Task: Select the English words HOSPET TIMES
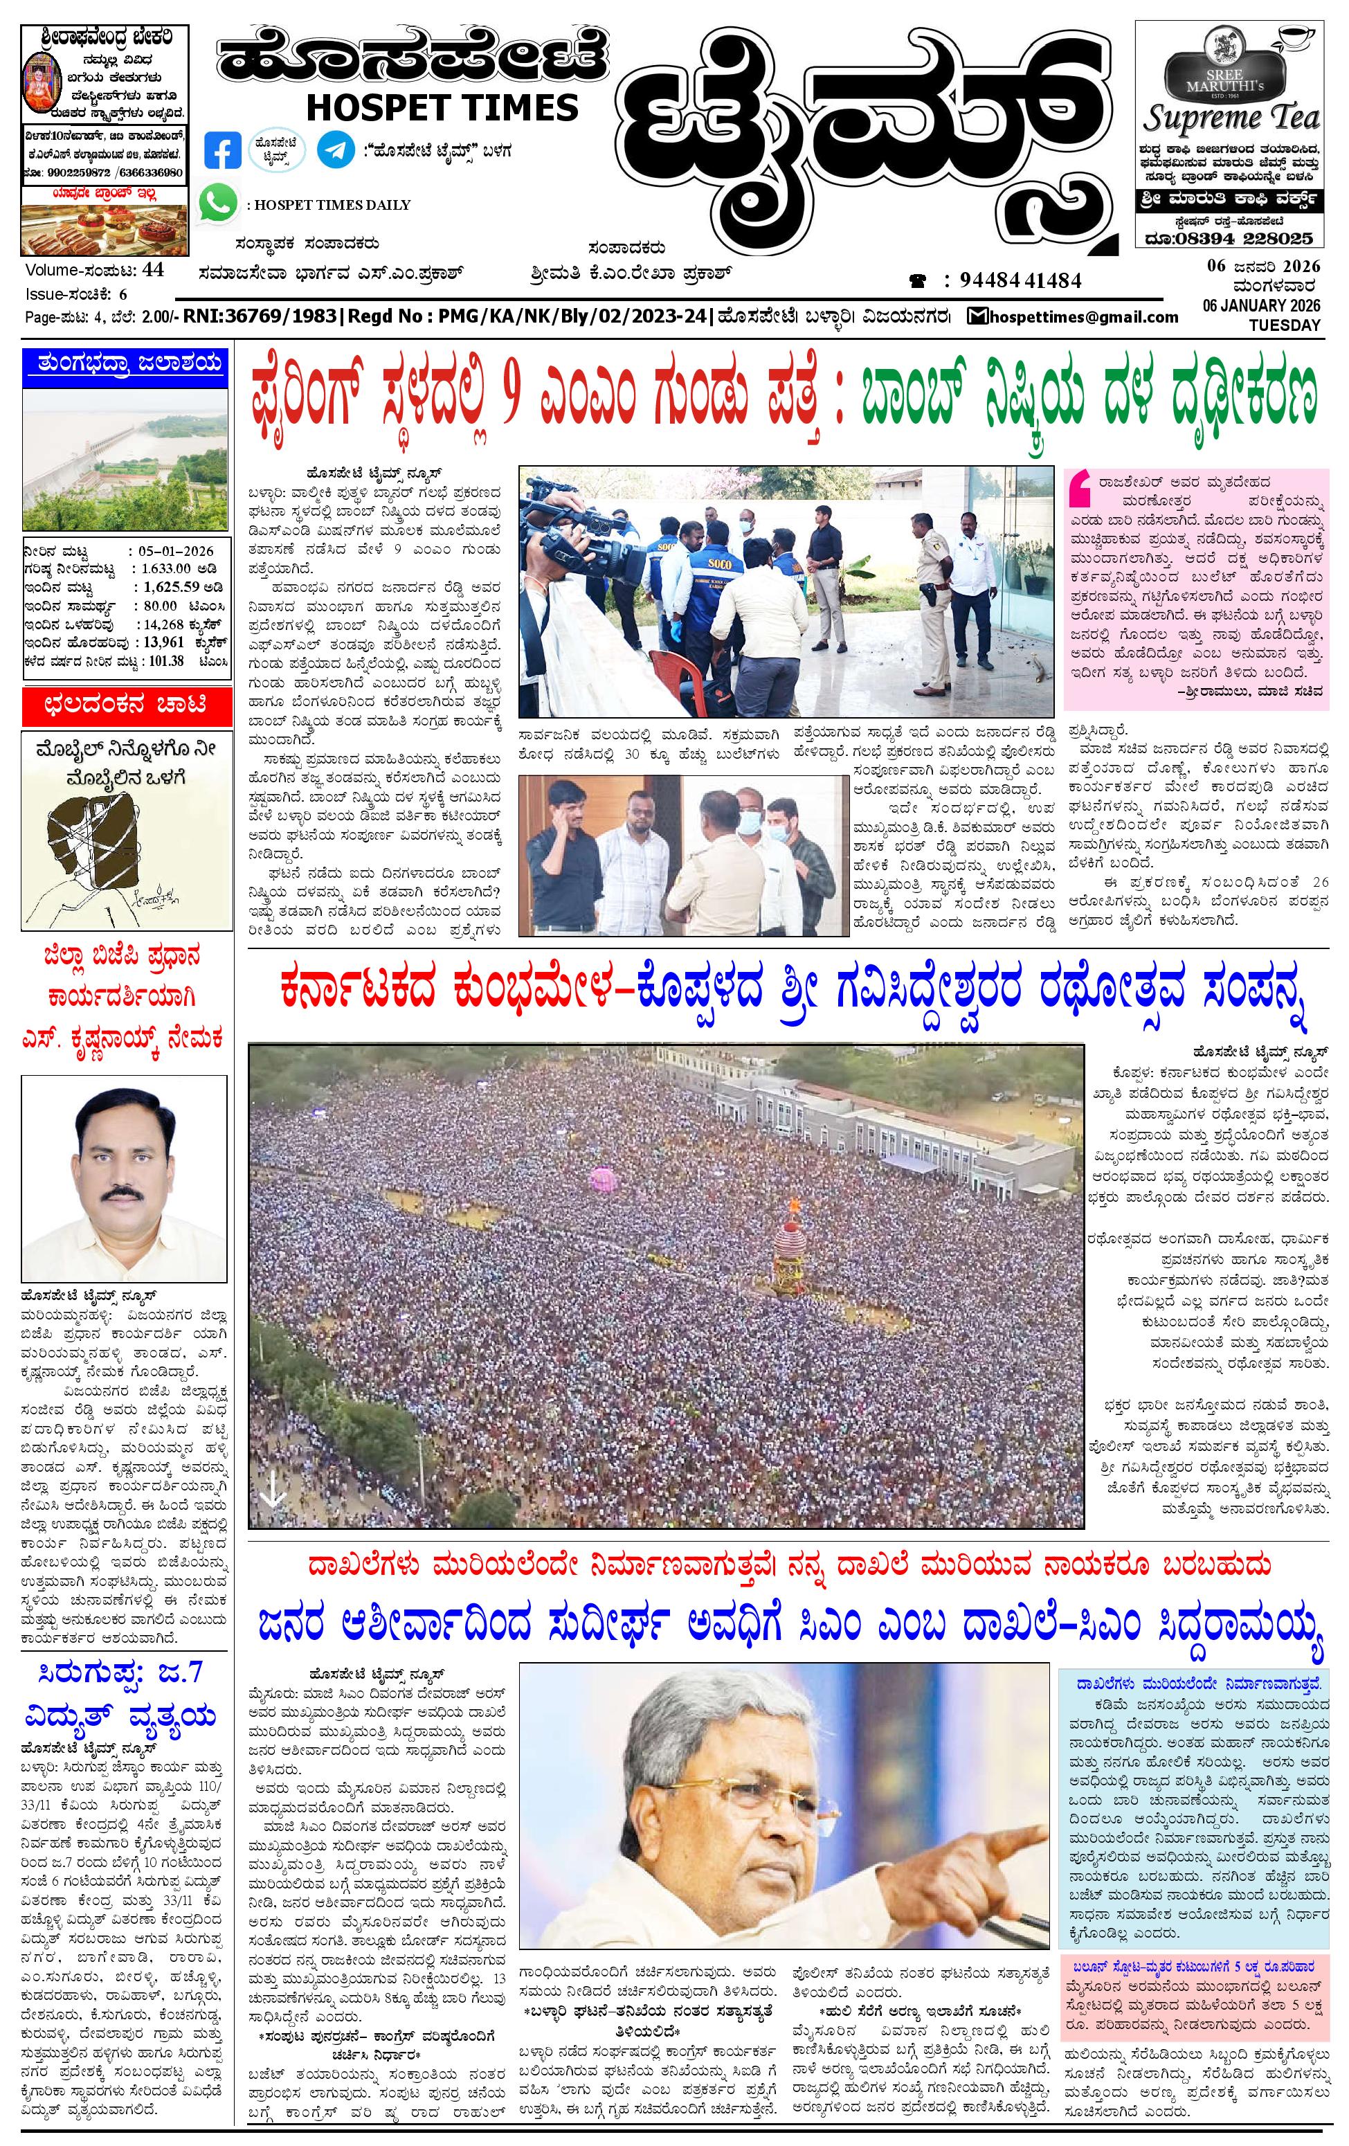[x=442, y=108]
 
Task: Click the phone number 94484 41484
[x=1020, y=281]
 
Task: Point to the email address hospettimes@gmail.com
[x=1083, y=316]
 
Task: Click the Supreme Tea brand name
[x=1231, y=118]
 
